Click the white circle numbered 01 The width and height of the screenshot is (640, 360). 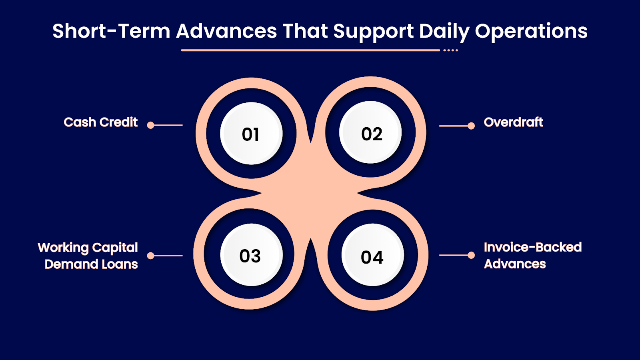point(251,134)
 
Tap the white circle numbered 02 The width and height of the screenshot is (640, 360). point(370,133)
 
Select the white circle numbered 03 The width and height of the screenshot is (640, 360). point(251,255)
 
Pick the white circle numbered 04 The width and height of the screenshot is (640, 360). point(372,256)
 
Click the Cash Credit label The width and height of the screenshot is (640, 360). point(100,122)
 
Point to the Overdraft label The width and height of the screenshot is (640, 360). point(513,122)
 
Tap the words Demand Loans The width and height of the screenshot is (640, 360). point(91,264)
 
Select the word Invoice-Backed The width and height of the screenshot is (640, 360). point(532,247)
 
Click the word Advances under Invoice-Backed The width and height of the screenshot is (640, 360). point(515,264)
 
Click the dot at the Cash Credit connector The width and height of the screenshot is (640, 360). point(151,125)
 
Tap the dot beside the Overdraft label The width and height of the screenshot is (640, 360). point(471,126)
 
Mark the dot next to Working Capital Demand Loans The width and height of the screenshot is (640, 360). point(151,256)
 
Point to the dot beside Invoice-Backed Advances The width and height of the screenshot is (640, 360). point(471,255)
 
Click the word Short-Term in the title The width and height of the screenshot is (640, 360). point(111,31)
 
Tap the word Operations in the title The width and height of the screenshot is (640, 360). point(531,31)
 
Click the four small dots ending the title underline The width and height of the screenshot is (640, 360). point(450,50)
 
